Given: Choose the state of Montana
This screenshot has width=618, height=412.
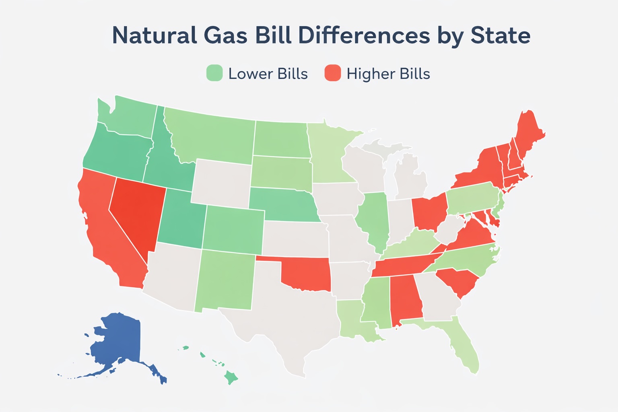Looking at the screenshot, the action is tap(213, 137).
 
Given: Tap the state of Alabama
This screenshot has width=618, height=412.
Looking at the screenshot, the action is tap(405, 298).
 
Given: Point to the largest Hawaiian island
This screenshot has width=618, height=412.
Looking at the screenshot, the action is tap(231, 378).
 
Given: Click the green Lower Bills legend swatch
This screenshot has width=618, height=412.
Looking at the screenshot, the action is tap(214, 73).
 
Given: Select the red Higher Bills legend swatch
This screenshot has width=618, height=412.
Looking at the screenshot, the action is tap(333, 73).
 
